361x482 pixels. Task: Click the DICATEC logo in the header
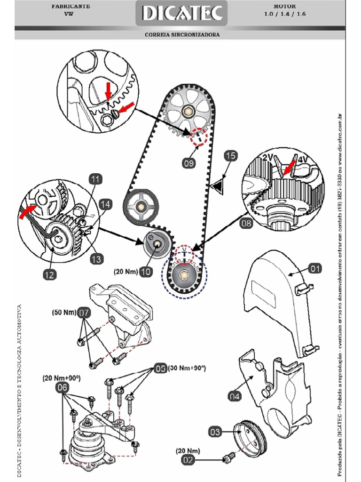[182, 14]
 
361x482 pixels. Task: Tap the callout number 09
[189, 163]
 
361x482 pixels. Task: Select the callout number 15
[230, 156]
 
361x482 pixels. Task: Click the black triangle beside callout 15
[218, 187]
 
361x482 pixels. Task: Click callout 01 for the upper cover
[315, 268]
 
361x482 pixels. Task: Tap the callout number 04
[235, 397]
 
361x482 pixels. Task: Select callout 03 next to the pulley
[215, 432]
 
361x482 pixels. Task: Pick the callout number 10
[146, 272]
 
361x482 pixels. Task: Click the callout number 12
[50, 274]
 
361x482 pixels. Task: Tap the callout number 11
[95, 179]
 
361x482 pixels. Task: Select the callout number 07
[84, 312]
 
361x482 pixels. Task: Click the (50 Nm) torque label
[63, 312]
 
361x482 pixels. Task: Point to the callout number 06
[62, 387]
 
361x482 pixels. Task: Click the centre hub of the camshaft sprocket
[188, 112]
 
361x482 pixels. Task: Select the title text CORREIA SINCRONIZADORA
[182, 34]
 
